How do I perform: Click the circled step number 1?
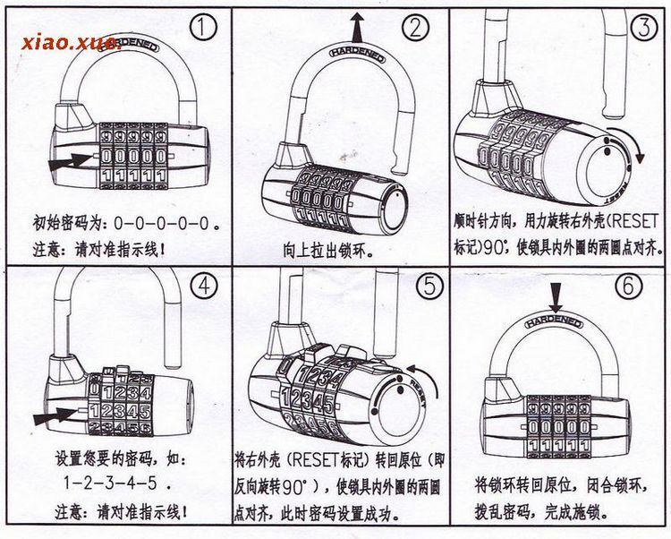tap(205, 28)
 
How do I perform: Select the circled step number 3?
tap(642, 28)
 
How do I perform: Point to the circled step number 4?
tap(205, 287)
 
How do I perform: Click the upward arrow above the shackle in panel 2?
tap(358, 24)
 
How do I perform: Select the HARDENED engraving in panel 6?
tap(556, 321)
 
